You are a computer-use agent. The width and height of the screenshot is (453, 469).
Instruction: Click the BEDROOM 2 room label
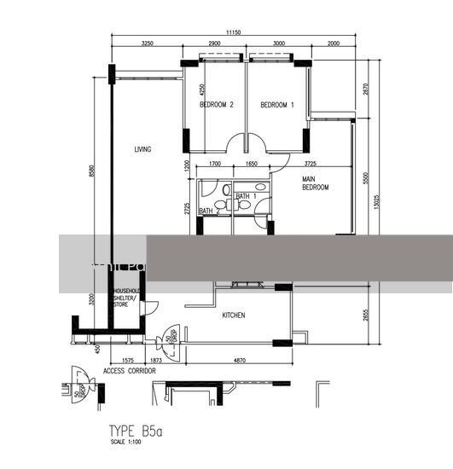[217, 105]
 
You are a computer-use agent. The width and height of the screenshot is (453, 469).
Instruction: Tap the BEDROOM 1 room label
[277, 105]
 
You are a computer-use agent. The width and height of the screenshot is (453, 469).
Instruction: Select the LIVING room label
[142, 149]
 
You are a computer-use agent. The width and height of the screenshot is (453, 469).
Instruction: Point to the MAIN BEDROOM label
[315, 182]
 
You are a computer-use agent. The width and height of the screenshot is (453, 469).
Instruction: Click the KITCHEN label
[234, 316]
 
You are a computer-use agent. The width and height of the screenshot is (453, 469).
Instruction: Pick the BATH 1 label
[246, 197]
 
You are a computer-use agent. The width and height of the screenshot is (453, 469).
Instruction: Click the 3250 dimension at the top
[147, 43]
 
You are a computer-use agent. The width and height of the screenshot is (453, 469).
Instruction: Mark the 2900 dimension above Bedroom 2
[214, 43]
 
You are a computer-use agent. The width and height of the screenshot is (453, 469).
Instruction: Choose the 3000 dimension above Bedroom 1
[278, 43]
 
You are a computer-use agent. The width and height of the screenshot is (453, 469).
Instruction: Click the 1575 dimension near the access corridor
[127, 361]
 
